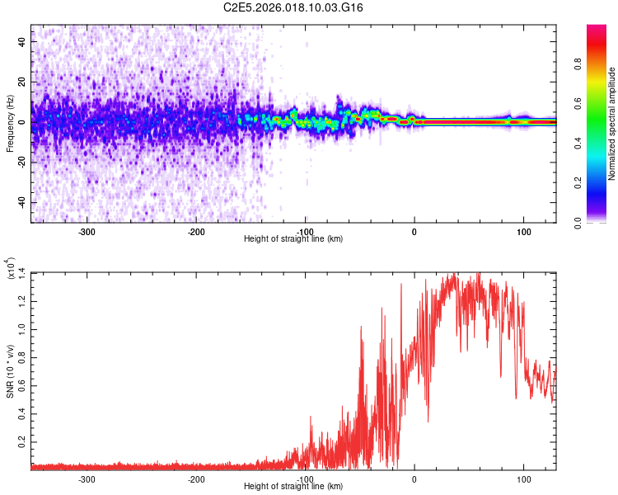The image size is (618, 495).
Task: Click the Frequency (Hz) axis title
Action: (x=10, y=123)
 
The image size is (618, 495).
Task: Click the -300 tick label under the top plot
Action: (x=87, y=232)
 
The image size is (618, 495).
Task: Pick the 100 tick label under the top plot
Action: (x=523, y=232)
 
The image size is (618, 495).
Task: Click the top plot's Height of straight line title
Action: (x=293, y=239)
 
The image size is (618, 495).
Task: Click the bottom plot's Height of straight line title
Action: (x=293, y=487)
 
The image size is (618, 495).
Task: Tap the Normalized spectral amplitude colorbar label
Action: (x=612, y=124)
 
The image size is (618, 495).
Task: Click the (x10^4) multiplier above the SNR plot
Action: (x=12, y=270)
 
